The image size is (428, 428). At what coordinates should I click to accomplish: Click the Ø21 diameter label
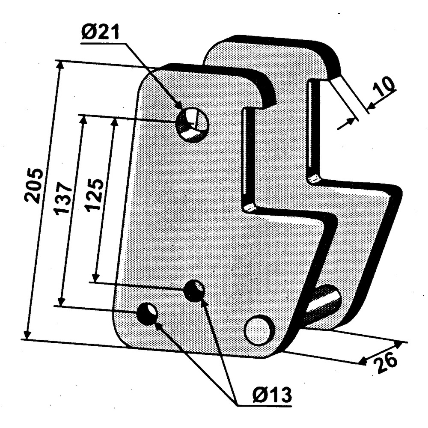[x=101, y=32]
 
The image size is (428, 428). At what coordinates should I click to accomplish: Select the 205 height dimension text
[x=33, y=186]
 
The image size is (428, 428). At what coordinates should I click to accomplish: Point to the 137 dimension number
[x=63, y=197]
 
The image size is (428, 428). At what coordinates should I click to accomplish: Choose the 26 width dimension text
[x=386, y=362]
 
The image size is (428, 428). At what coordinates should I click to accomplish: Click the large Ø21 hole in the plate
[x=192, y=125]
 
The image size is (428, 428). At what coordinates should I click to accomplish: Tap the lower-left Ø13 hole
[x=147, y=313]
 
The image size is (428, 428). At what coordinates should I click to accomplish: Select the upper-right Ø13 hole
[x=194, y=291]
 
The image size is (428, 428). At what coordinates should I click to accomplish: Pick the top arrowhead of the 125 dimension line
[x=115, y=122]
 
